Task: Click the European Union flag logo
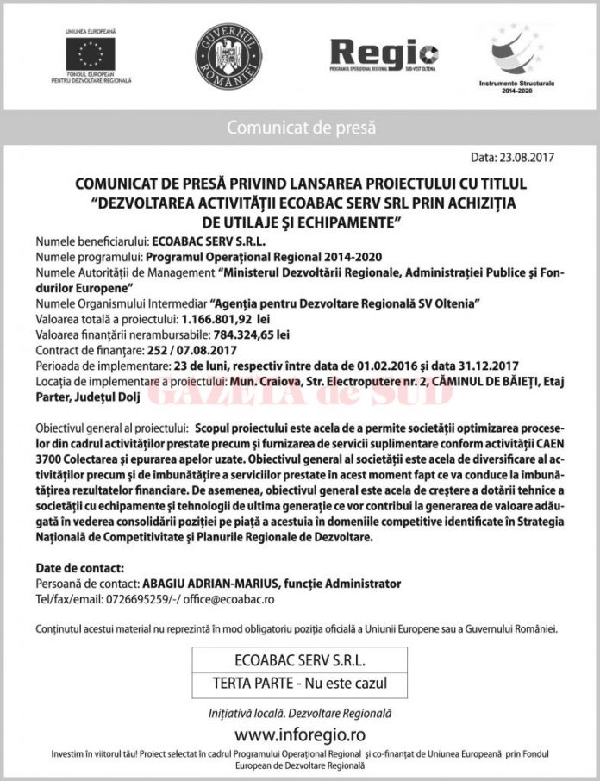click(90, 53)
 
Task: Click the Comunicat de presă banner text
click(301, 128)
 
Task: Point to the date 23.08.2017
click(526, 158)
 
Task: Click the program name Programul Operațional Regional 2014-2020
click(263, 257)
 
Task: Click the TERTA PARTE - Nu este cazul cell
click(299, 684)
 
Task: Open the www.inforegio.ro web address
click(299, 734)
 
